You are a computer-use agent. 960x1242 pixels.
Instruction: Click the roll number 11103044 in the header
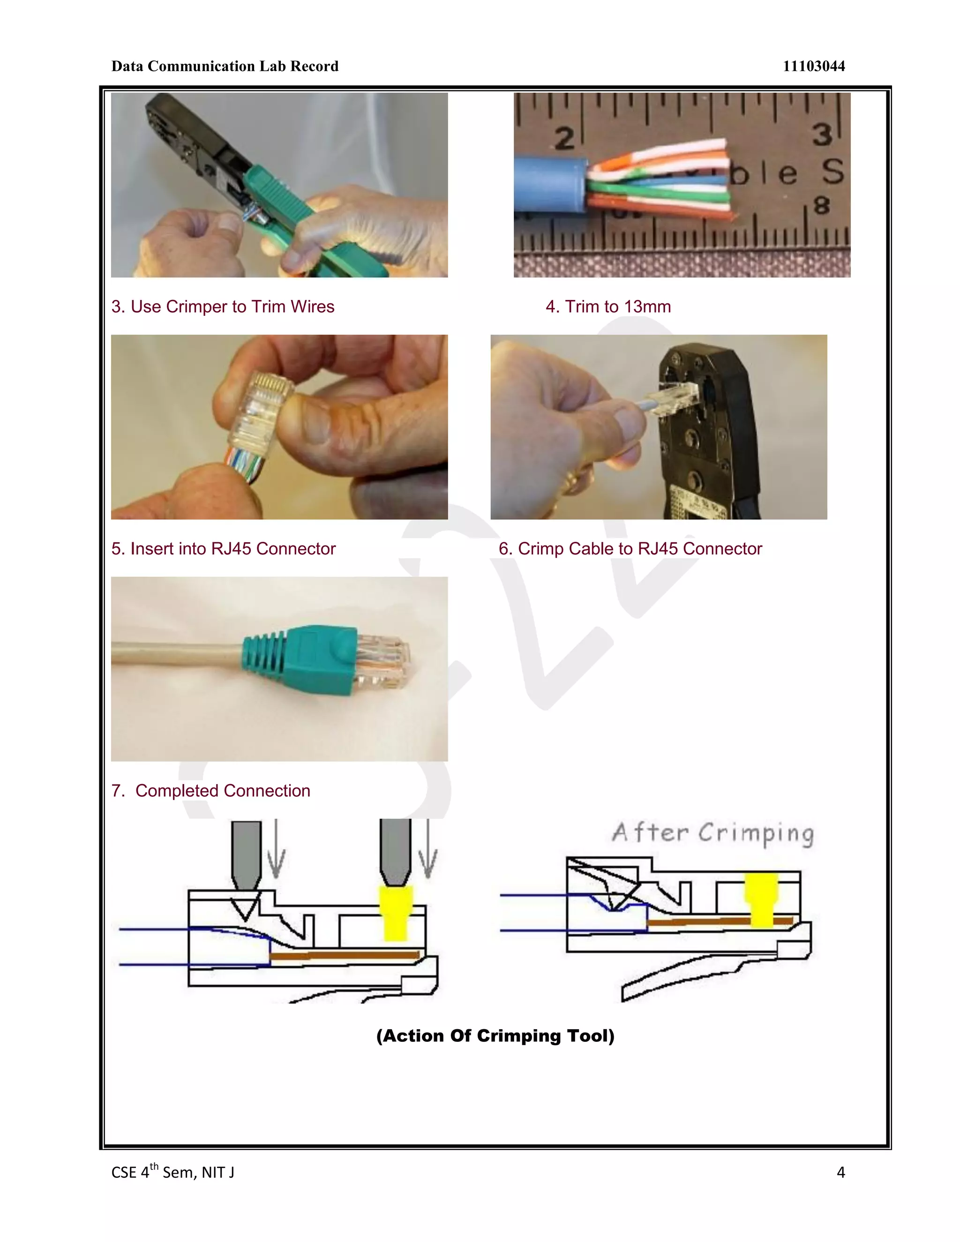[813, 67]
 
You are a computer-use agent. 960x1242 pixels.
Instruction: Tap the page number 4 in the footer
[840, 1172]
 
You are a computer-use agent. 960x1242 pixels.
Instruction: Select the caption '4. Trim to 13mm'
[608, 307]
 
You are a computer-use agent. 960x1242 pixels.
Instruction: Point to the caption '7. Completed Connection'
[211, 791]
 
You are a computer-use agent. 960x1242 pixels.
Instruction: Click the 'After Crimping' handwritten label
[712, 834]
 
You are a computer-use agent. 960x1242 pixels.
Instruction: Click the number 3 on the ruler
[822, 135]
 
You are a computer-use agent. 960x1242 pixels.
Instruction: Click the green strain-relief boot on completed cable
[307, 660]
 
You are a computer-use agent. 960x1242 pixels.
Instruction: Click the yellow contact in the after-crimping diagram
[761, 898]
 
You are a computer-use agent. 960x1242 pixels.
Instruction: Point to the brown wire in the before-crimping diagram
[344, 955]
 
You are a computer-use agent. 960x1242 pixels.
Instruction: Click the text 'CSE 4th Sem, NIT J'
[173, 1172]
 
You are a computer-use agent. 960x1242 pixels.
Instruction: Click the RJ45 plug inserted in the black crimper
[673, 396]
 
